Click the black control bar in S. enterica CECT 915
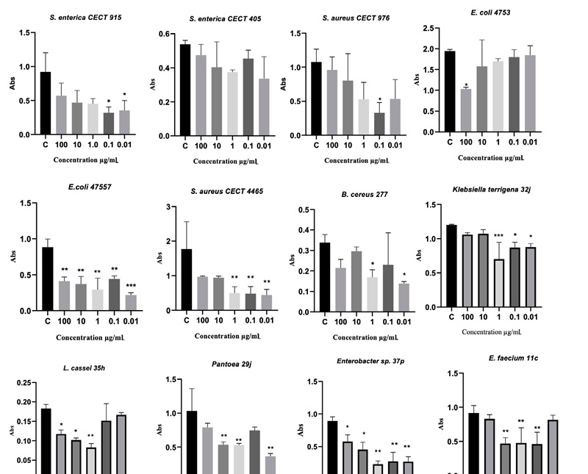[x=46, y=103]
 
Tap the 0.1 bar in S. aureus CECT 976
[x=379, y=123]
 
